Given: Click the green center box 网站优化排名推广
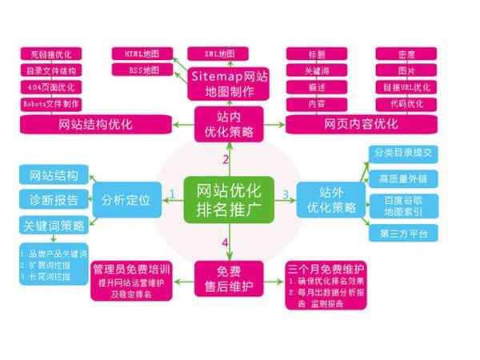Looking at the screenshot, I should [x=229, y=197].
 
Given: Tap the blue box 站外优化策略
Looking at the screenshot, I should [x=330, y=197].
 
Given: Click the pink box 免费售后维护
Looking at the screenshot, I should [x=225, y=277].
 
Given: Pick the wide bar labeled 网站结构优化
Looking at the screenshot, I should [x=96, y=125].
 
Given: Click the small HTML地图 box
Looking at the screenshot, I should [x=142, y=53].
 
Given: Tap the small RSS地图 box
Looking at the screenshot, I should [x=142, y=70].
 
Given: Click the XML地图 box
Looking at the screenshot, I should [x=211, y=53].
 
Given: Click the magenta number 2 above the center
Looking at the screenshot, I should [x=225, y=159].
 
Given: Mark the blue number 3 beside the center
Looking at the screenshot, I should [x=286, y=194].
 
